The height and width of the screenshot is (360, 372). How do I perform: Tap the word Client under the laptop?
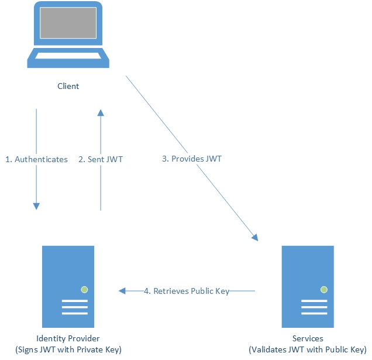coord(68,87)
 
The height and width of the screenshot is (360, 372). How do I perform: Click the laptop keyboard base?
coord(68,57)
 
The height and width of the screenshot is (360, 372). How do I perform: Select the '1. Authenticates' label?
coord(36,159)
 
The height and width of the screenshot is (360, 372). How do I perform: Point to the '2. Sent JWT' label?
coord(101,159)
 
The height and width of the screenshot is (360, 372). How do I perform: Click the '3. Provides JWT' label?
coord(192,159)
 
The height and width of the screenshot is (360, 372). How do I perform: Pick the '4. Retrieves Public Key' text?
coord(187,291)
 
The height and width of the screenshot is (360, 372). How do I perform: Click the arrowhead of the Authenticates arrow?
coord(36,205)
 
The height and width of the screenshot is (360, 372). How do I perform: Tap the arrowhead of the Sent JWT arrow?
coord(101,114)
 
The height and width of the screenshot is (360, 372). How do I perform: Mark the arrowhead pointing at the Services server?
coord(255,237)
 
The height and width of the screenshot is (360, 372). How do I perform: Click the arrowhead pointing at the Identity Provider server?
coord(122,291)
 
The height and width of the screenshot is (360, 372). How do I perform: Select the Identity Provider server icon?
coord(68,286)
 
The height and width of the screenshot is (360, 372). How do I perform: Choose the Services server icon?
coord(308,286)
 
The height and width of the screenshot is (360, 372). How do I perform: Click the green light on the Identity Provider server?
coord(84,289)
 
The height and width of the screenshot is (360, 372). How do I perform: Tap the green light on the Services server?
coord(323,289)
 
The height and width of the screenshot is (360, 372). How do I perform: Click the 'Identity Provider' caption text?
coord(68,339)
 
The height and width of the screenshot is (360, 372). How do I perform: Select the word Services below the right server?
coord(308,339)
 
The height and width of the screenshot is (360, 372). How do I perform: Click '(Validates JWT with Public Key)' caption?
coord(308,350)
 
